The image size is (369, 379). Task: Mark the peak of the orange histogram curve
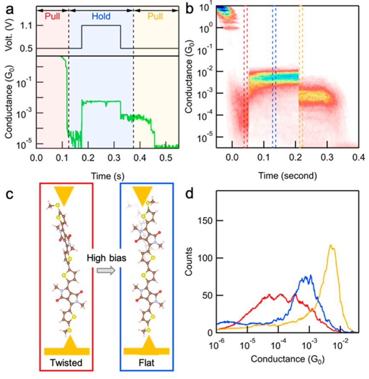click(330, 245)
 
